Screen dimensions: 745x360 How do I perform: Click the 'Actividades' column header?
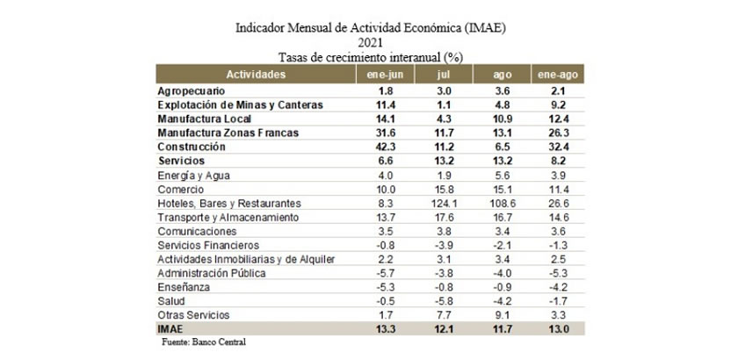click(256, 75)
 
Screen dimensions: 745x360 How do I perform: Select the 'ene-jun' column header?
click(386, 75)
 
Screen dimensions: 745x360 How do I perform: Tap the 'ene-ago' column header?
click(558, 75)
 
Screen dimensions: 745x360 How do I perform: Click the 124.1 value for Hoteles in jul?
click(444, 204)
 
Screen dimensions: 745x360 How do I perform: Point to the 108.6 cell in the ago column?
click(503, 204)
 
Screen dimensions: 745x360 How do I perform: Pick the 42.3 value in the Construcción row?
click(386, 148)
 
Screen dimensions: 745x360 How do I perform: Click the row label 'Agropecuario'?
click(192, 91)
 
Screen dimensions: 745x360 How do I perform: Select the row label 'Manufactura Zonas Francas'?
click(228, 133)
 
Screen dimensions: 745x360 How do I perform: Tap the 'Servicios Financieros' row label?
click(208, 246)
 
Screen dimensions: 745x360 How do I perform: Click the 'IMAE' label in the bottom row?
click(170, 328)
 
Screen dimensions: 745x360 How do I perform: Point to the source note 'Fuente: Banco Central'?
click(204, 342)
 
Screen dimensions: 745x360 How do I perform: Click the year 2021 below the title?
click(371, 43)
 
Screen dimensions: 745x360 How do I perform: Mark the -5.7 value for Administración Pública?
click(386, 274)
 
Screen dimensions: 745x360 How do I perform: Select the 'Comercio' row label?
click(181, 190)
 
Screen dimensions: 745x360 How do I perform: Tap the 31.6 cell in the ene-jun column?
click(386, 133)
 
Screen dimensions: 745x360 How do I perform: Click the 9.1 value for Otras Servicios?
click(503, 315)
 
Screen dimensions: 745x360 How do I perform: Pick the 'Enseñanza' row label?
click(184, 287)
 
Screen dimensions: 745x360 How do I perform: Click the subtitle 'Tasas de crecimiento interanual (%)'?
click(371, 57)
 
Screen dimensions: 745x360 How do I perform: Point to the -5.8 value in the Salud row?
click(444, 301)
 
